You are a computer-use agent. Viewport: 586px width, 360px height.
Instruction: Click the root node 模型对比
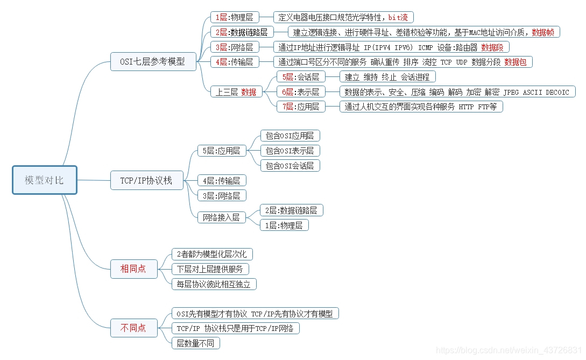(x=45, y=180)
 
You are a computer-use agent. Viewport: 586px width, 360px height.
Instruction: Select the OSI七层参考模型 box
(x=152, y=61)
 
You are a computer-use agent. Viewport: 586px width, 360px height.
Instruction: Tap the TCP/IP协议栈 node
(x=146, y=180)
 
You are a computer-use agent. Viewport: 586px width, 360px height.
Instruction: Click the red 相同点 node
(x=133, y=269)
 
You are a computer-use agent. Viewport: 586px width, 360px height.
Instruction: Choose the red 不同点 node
(x=133, y=328)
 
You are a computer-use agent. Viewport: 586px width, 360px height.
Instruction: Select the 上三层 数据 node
(x=236, y=92)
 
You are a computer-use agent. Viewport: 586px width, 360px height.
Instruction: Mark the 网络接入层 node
(x=221, y=217)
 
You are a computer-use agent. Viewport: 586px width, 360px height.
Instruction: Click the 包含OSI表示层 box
(x=290, y=151)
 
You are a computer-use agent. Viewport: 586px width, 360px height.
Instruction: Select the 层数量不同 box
(x=196, y=343)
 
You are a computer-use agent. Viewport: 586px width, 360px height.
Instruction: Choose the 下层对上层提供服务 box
(x=210, y=269)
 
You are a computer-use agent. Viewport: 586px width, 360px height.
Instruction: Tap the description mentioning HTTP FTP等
(x=421, y=107)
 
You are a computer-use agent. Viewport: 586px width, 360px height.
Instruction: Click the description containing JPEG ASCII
(x=457, y=92)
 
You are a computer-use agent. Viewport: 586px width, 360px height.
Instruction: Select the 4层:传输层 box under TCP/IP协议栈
(x=222, y=181)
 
